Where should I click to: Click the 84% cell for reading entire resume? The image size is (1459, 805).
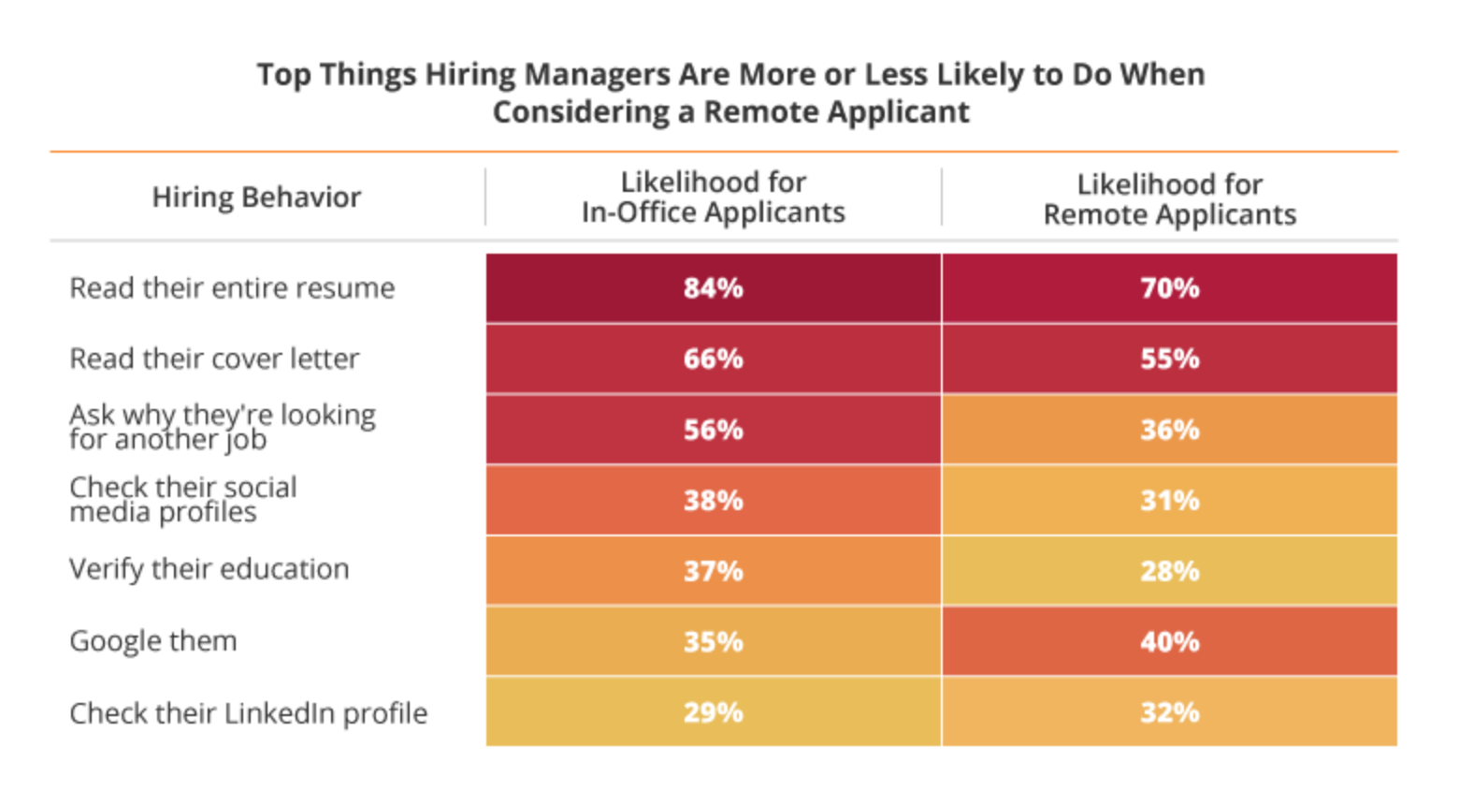coord(713,288)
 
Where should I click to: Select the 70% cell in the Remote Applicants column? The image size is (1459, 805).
coord(1169,288)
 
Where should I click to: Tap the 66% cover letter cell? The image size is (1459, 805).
coord(713,359)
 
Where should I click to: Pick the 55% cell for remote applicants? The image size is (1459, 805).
coord(1169,359)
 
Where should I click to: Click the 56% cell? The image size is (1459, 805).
coord(713,430)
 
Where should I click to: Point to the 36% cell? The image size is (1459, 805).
coord(1169,430)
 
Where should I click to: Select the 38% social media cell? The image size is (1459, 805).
coord(713,501)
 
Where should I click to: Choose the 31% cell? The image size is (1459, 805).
coord(1169,501)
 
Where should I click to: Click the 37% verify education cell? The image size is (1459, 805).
coord(713,571)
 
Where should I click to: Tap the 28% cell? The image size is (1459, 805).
coord(1169,571)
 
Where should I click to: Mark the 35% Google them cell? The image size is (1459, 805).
coord(713,642)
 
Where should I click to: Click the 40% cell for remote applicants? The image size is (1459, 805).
coord(1169,642)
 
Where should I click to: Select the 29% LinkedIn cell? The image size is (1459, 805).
coord(713,712)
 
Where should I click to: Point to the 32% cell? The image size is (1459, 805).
coord(1169,712)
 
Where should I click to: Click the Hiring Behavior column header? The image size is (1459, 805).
coord(256,198)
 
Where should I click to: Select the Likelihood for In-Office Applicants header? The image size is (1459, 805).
coord(713,198)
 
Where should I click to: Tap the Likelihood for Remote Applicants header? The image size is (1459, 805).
coord(1169,199)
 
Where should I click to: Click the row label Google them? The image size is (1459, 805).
coord(153,642)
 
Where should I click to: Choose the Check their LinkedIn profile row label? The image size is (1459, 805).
coord(248,713)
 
